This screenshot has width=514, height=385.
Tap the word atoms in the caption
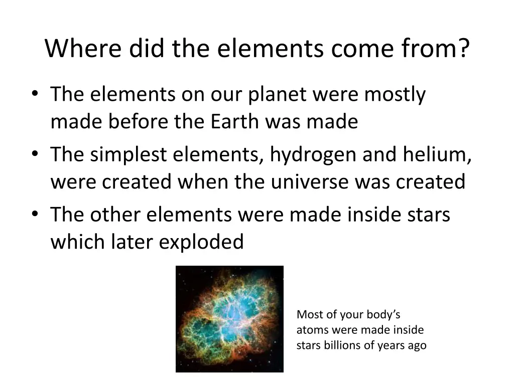click(x=310, y=330)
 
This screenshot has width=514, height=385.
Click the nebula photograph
click(x=229, y=319)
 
